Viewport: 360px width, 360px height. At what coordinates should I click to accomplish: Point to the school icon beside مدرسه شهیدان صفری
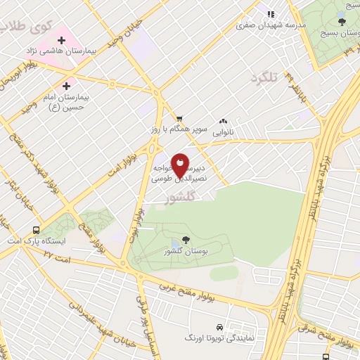pos(271,13)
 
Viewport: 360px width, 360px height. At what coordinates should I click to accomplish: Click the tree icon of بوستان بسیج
pos(342,22)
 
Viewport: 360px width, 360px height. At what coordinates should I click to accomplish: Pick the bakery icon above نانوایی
pos(224,121)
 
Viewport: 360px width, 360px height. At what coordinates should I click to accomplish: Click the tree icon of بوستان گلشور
pos(185,240)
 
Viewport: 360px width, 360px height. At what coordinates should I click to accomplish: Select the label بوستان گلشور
pos(184,251)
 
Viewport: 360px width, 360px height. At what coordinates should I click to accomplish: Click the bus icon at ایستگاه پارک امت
pos(36,230)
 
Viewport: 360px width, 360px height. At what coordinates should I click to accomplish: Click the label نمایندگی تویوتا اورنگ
pos(219,338)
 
